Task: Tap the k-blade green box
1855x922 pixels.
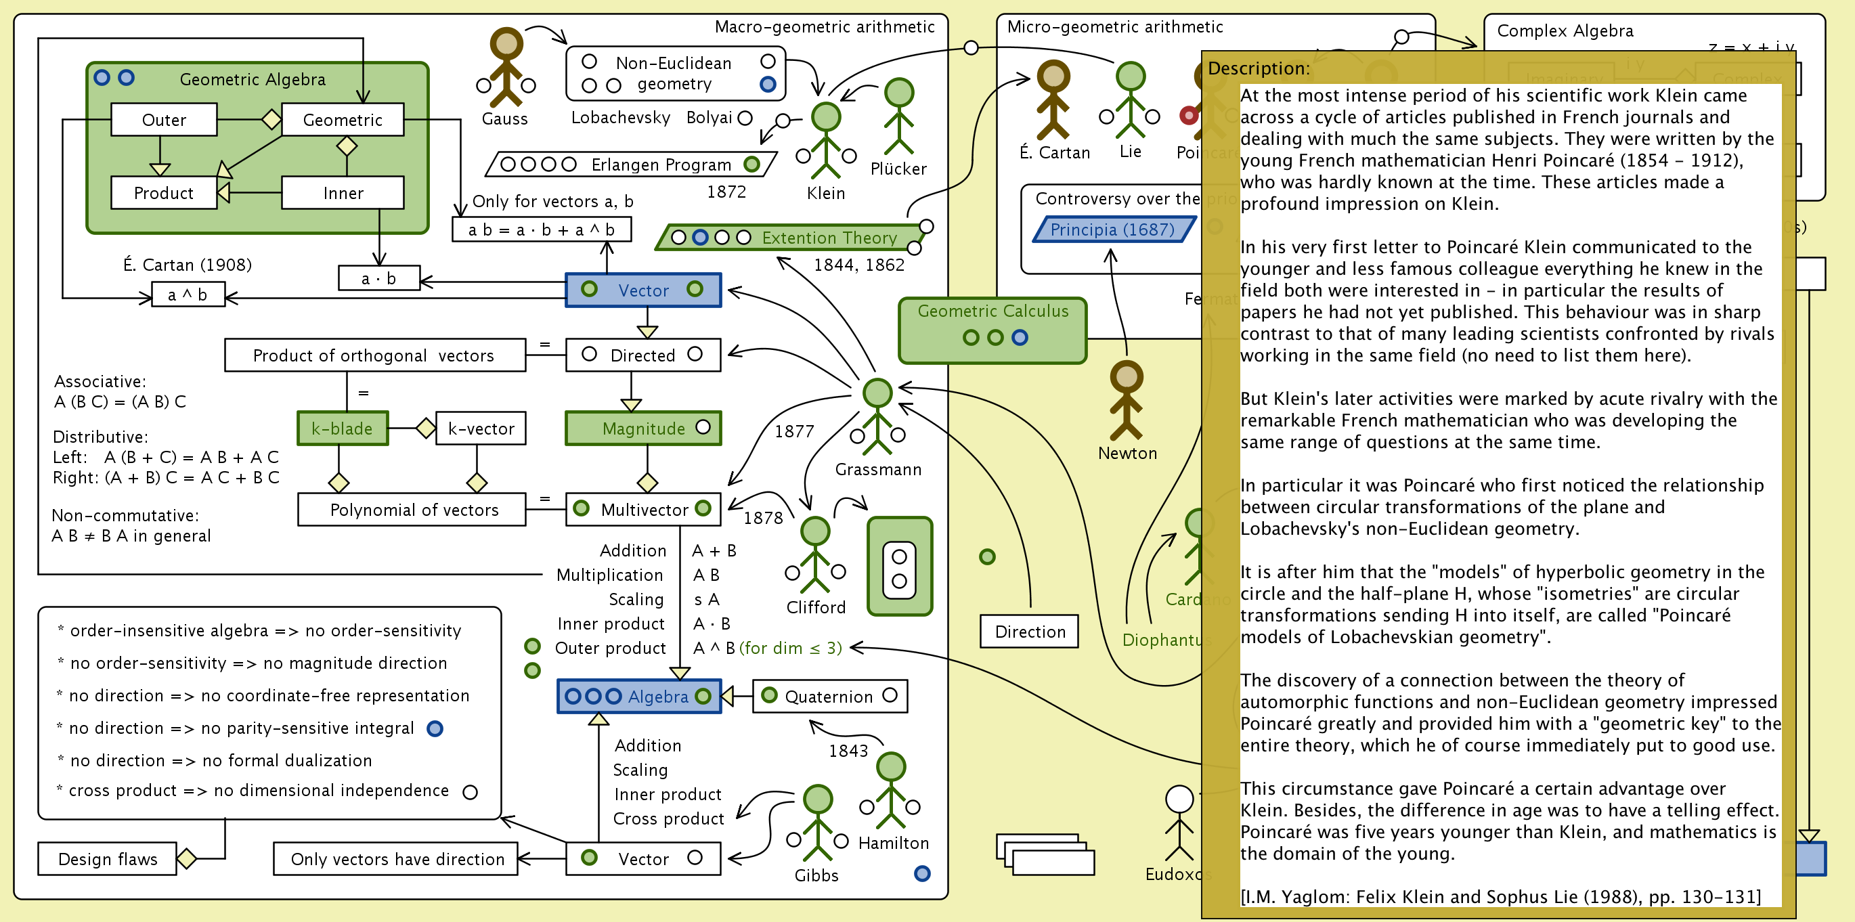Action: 342,429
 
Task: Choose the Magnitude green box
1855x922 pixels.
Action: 642,429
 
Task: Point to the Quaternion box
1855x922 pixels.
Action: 829,697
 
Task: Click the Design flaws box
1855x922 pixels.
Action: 107,858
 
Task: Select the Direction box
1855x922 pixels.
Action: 1029,632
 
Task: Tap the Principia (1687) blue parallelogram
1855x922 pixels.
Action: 1112,229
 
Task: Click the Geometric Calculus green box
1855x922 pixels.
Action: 992,330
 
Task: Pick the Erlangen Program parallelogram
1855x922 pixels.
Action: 631,164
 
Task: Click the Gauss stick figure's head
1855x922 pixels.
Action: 506,43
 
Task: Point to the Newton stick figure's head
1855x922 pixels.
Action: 1127,376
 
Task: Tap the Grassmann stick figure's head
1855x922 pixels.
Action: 877,393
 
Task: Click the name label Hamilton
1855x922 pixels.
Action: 893,843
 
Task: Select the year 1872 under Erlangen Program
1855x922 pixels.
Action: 726,192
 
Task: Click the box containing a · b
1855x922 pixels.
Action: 378,278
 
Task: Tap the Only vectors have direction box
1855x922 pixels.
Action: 396,858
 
